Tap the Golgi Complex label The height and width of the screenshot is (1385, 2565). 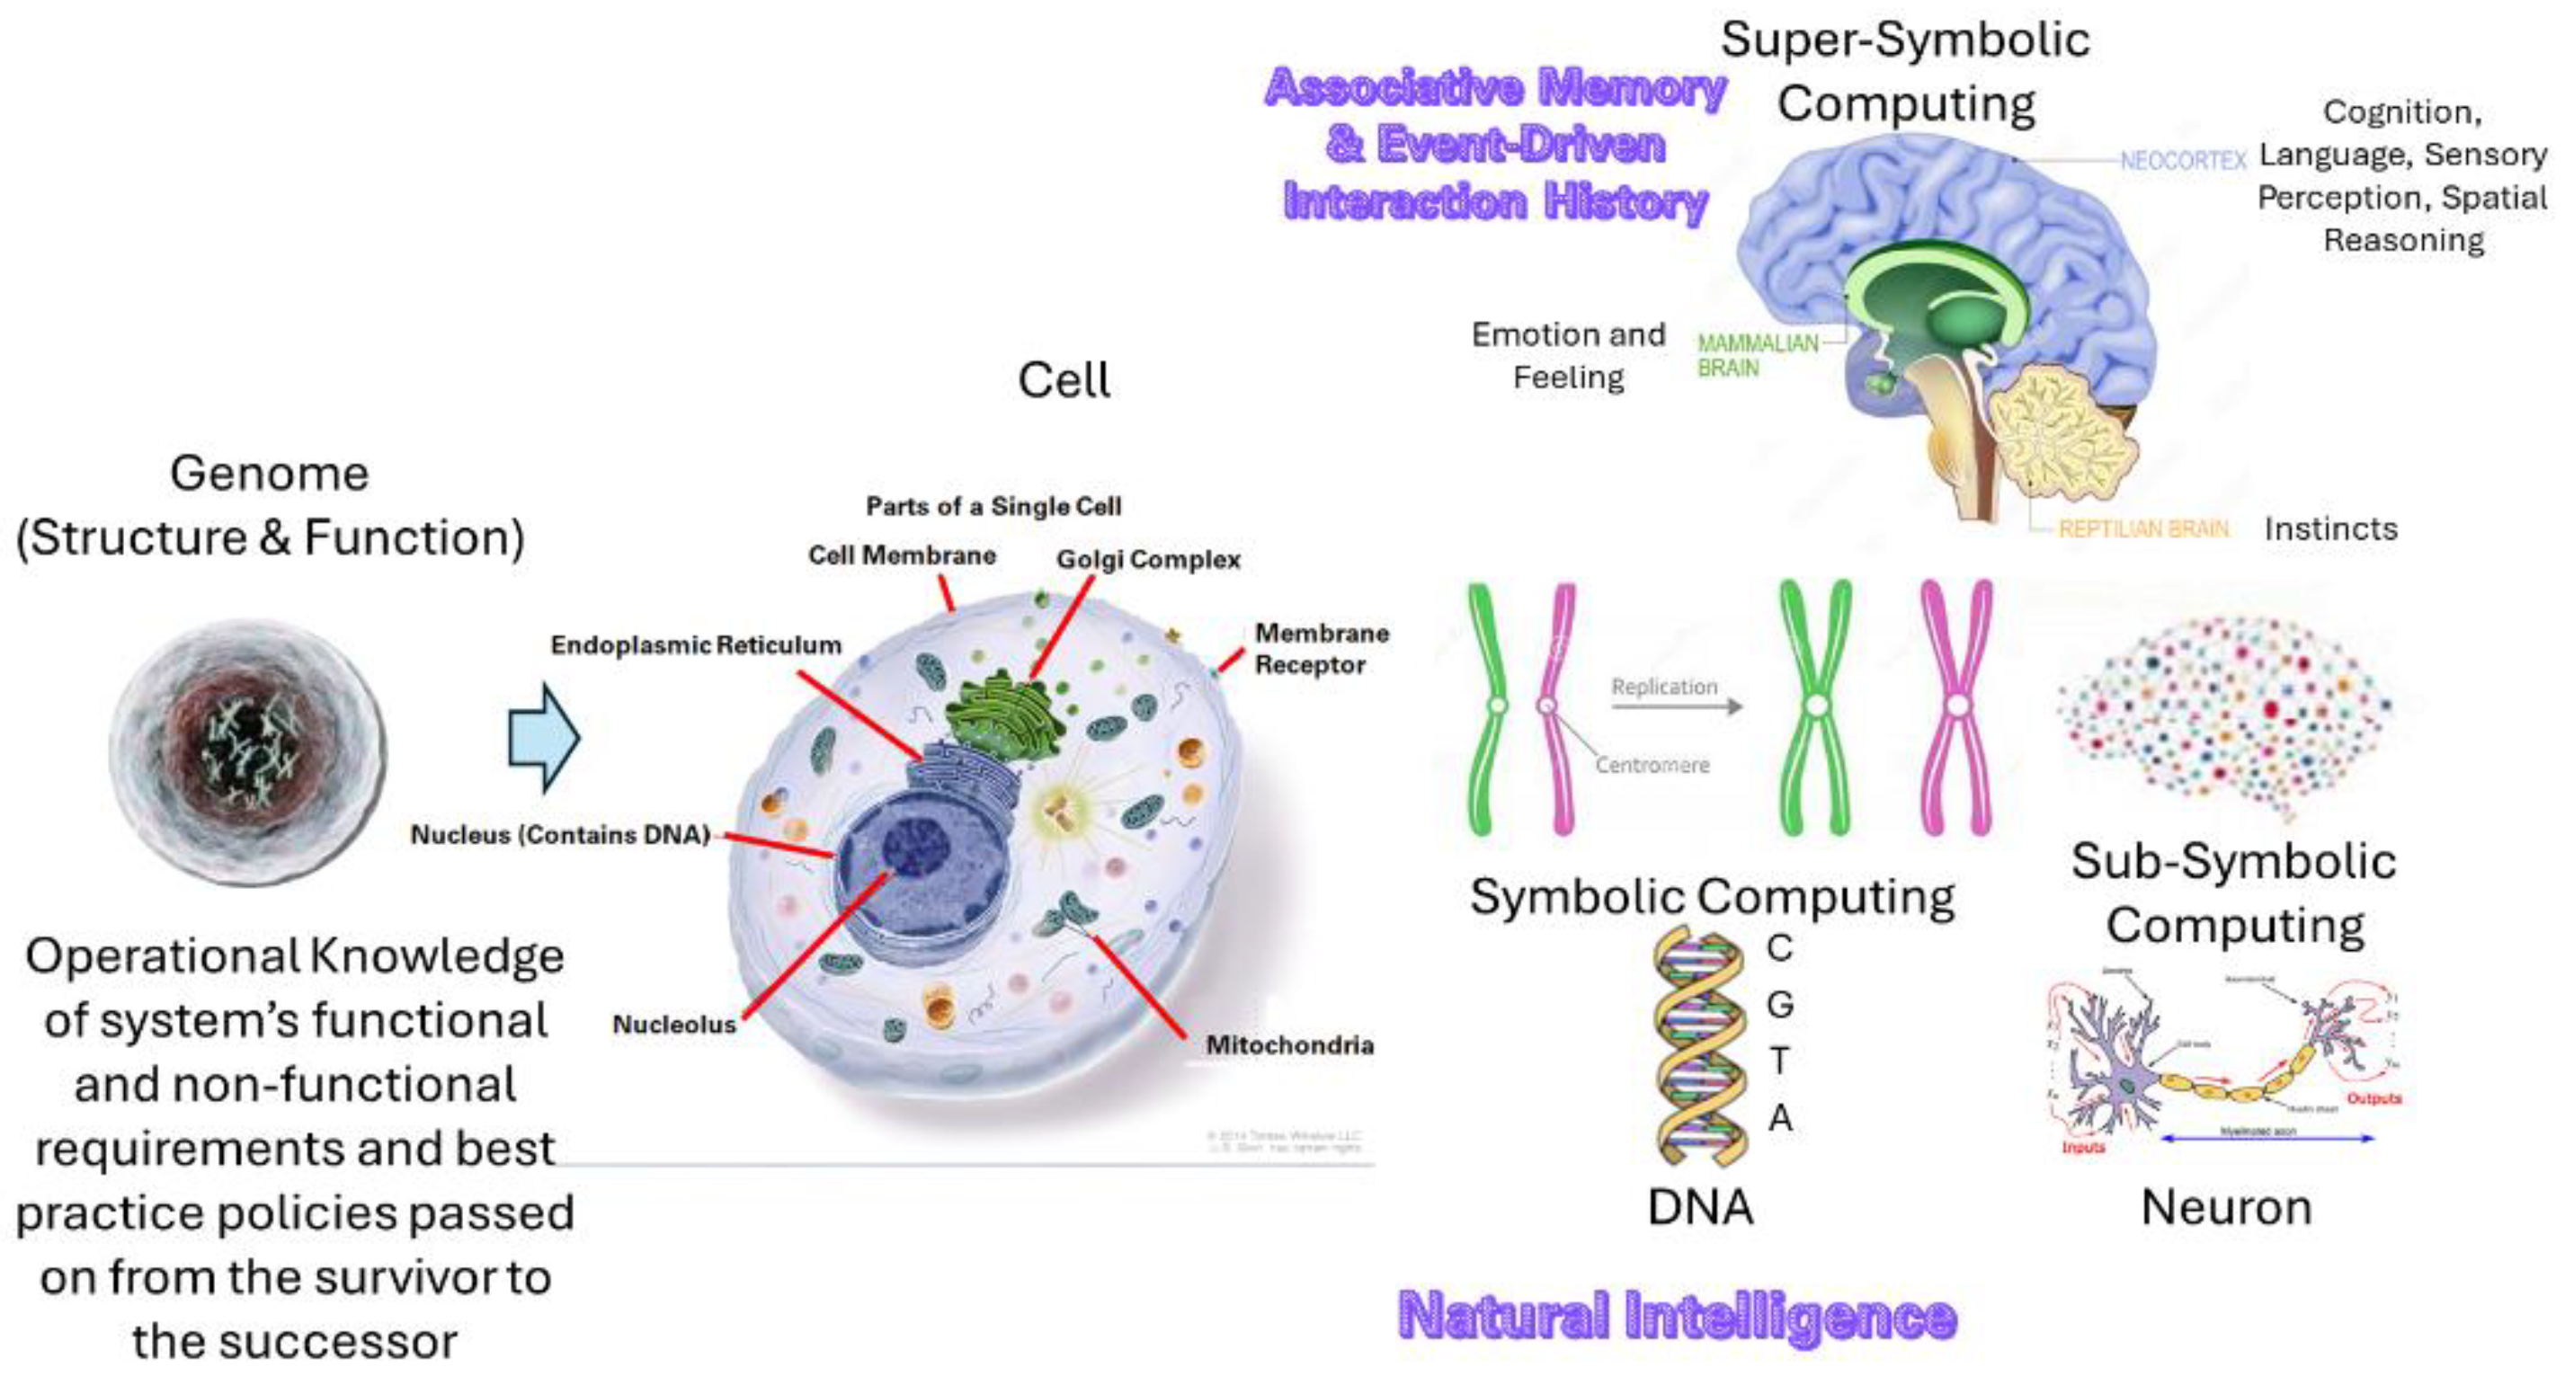pos(1148,560)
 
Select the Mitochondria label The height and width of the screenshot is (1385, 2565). pos(1289,1044)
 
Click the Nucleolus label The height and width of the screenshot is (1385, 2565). pos(674,1024)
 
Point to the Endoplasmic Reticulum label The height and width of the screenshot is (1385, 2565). pos(695,645)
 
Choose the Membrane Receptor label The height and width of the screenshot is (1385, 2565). pos(1321,648)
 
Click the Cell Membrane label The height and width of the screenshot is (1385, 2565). pos(901,555)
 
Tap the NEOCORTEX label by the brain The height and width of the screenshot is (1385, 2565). pos(2183,160)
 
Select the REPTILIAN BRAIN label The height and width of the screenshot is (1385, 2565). pos(2142,528)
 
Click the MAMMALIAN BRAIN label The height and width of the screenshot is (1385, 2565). pos(1757,355)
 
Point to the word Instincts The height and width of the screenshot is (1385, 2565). pos(2330,528)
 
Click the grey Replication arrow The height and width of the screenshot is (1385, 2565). pos(1677,706)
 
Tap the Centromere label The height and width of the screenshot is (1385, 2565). pos(1652,765)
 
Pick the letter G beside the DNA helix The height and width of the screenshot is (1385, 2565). pos(1780,1004)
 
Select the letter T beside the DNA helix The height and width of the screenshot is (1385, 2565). pos(1780,1061)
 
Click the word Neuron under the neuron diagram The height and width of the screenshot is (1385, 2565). pos(2226,1207)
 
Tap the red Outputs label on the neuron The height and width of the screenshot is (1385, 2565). pos(2374,1098)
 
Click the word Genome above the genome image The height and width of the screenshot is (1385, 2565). pos(269,473)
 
